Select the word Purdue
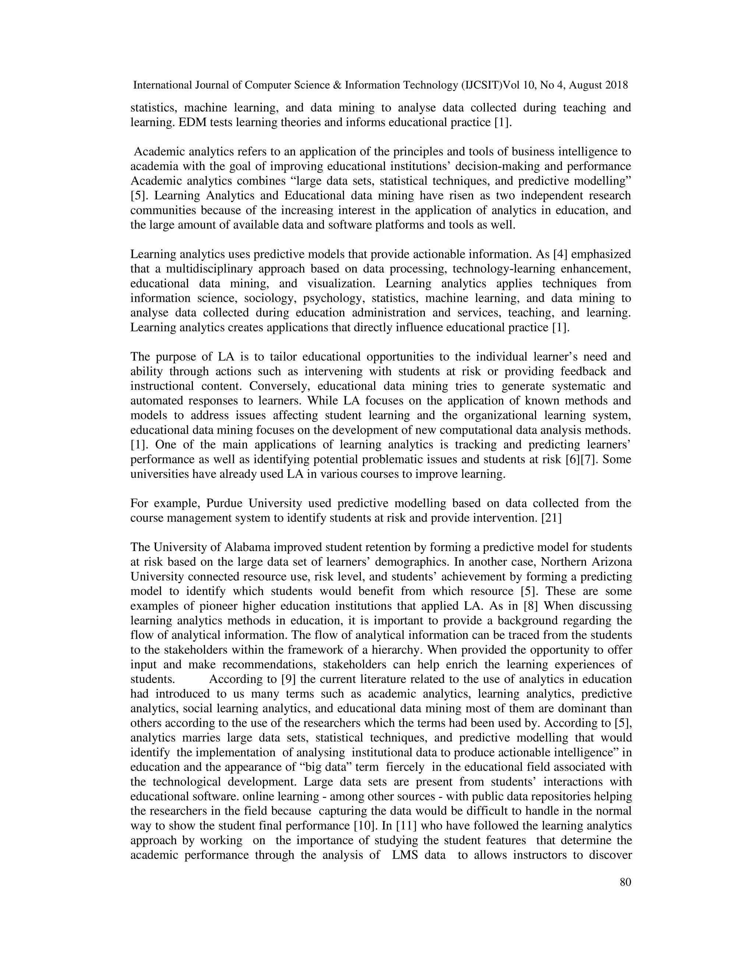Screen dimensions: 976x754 [x=225, y=503]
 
